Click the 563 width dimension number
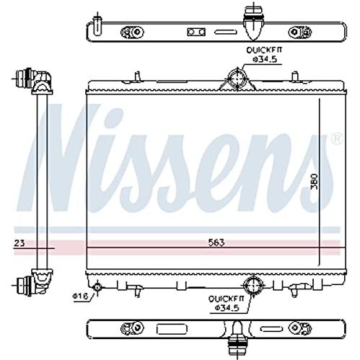tap(216, 242)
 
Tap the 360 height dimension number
tap(315, 182)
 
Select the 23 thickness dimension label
tap(19, 243)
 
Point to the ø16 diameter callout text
tap(81, 296)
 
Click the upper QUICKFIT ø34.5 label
tap(264, 55)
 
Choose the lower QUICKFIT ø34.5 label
tap(227, 303)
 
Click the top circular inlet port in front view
tap(237, 78)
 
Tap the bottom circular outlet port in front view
tap(253, 285)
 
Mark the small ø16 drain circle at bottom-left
tap(97, 286)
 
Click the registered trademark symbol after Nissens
tap(336, 139)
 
